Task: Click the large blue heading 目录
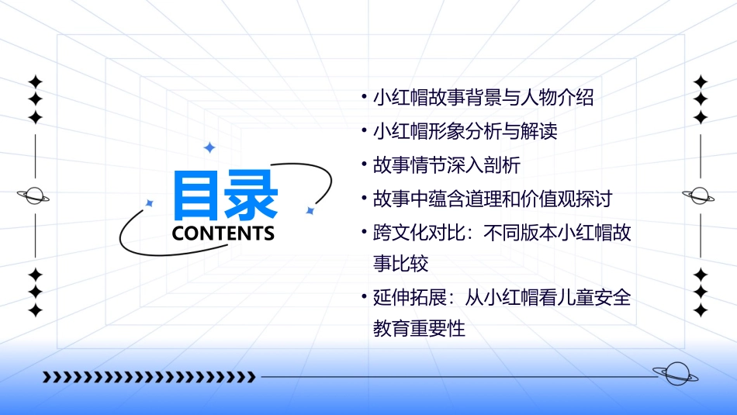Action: point(225,195)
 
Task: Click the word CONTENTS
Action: point(223,233)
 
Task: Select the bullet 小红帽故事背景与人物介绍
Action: point(483,99)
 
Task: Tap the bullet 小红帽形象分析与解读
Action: point(465,132)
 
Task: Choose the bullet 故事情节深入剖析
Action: point(446,165)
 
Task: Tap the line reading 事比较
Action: point(400,264)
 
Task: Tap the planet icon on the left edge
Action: point(34,195)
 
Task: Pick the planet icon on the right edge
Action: point(700,195)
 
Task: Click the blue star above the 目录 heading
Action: point(209,147)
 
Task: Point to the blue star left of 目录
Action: point(150,203)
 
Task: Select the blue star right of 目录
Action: point(310,210)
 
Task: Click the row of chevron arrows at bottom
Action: point(148,378)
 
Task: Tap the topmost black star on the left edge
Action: point(35,81)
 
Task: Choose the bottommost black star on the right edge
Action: point(701,310)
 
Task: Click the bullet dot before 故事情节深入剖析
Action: point(364,165)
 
